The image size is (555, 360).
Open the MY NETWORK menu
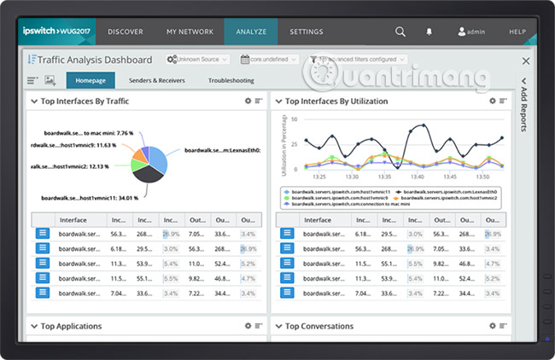click(190, 32)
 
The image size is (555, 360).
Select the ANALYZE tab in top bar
click(251, 32)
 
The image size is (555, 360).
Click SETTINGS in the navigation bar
click(307, 32)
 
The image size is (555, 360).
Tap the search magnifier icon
click(400, 32)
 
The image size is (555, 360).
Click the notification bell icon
click(429, 32)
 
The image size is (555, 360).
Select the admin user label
click(472, 32)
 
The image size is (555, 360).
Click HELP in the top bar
click(517, 32)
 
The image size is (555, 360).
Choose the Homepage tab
click(91, 81)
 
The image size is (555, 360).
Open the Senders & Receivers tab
click(156, 81)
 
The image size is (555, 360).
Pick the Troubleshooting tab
click(231, 81)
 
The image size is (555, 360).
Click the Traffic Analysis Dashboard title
click(95, 60)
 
